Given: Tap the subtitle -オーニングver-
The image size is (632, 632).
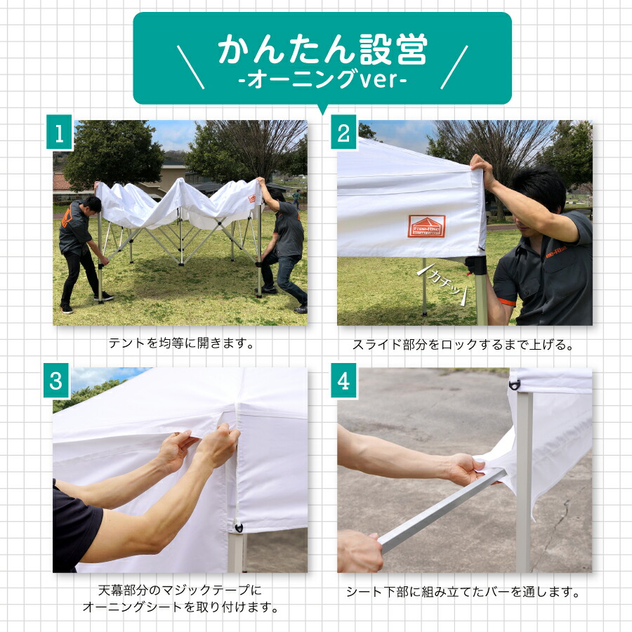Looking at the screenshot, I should pos(322,80).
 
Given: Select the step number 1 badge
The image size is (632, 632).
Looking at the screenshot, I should pos(60,133).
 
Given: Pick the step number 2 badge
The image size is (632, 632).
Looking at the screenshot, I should pos(343,133).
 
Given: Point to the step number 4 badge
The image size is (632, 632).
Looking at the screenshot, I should pos(343,381).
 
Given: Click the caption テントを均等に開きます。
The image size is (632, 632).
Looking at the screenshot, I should pos(180,344).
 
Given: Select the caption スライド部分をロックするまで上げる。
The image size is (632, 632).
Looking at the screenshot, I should pos(463,345).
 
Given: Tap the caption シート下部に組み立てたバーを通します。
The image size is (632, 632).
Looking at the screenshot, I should pos(463,592).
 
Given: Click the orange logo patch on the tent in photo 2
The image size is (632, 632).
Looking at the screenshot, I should pos(426,225).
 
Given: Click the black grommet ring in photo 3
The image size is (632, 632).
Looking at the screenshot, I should pos(239,528).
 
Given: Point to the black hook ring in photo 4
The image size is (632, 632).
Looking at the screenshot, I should pos(515,384).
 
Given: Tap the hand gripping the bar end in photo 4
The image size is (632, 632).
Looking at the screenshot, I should pos(360,551).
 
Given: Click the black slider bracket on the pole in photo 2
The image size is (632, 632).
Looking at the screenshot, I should pos(478,265).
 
